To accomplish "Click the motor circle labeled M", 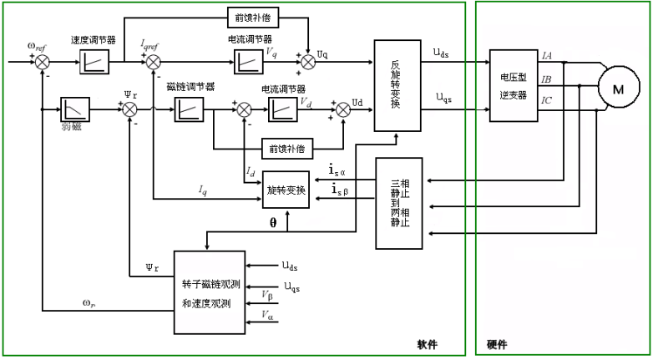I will (x=619, y=89).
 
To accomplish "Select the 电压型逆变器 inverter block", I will (x=513, y=87).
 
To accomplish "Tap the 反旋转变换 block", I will (x=397, y=84).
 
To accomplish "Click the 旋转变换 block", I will (x=286, y=191).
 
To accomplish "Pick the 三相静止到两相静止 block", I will (x=400, y=203).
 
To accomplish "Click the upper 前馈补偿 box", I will (x=254, y=17).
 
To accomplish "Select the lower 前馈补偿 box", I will (x=286, y=149).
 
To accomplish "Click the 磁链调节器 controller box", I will (x=190, y=109).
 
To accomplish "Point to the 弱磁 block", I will (x=75, y=109).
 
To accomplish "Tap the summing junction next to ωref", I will (x=42, y=61).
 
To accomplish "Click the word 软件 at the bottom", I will (x=428, y=344).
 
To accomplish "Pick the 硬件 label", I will (x=497, y=344).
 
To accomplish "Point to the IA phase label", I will (x=547, y=56).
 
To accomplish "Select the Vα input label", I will (x=267, y=315).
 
